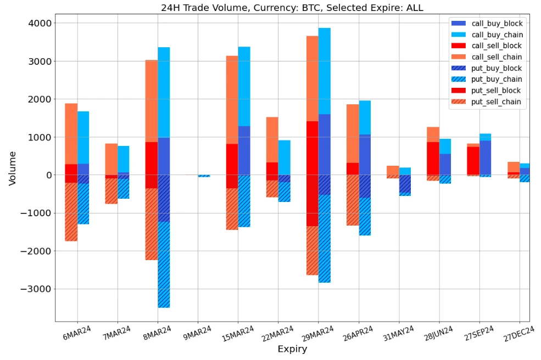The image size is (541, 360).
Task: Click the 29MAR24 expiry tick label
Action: (317, 335)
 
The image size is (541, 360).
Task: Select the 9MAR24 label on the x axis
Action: (196, 334)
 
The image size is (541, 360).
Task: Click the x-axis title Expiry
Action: (292, 350)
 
